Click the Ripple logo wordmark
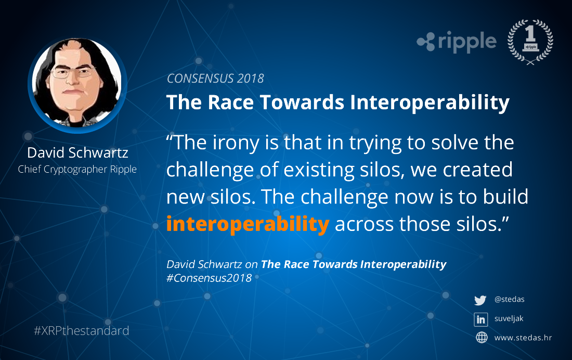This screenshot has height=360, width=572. click(x=457, y=42)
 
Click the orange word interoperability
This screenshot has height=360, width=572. click(x=248, y=224)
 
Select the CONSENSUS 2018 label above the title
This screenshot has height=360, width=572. click(x=215, y=79)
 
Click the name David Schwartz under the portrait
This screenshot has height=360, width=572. click(x=77, y=152)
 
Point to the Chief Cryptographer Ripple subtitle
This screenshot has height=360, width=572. click(x=77, y=170)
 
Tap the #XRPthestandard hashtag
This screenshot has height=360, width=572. click(x=81, y=331)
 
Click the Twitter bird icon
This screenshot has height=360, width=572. click(x=480, y=300)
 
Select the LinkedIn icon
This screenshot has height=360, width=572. click(x=481, y=319)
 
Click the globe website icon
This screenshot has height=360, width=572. click(x=482, y=337)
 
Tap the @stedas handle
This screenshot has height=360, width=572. click(x=509, y=299)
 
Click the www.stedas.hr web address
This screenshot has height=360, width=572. click(x=523, y=338)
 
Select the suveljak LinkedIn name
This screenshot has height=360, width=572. click(x=509, y=318)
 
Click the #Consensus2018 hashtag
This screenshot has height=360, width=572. click(x=209, y=278)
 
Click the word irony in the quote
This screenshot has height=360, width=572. click(x=236, y=143)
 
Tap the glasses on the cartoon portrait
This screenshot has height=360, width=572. click(x=72, y=73)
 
